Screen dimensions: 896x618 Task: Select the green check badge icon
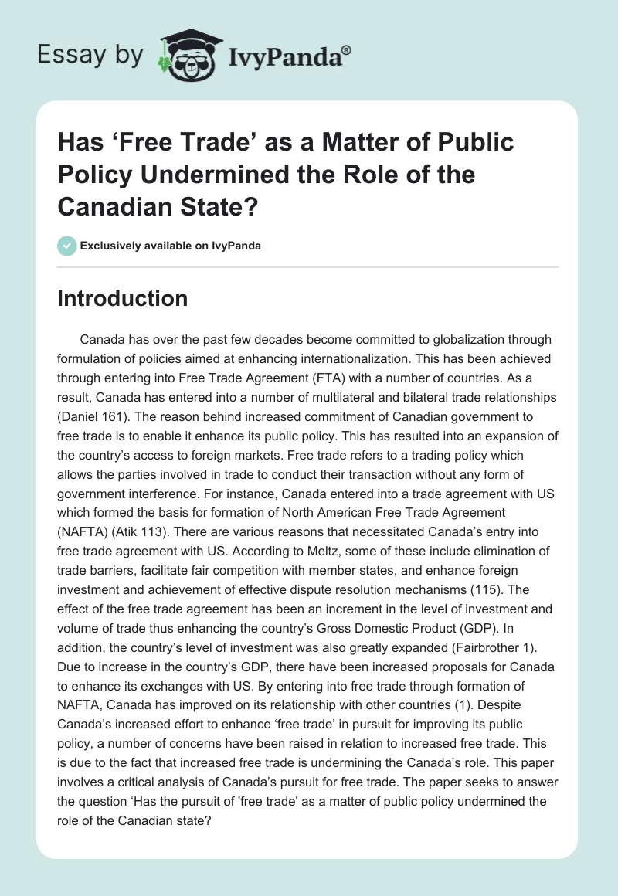pos(67,246)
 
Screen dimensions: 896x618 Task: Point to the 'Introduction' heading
pos(122,299)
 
